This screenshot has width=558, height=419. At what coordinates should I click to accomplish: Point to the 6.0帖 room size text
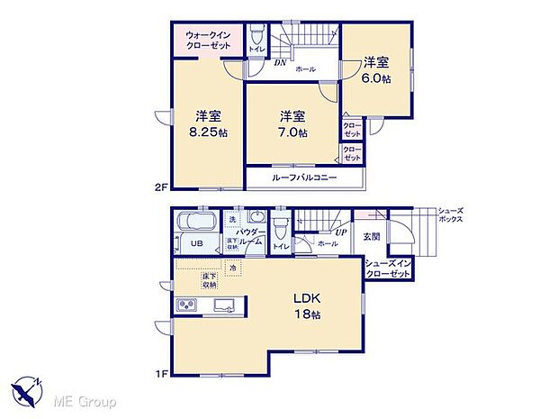pos(376,78)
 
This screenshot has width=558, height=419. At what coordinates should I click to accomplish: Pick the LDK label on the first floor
pos(303,298)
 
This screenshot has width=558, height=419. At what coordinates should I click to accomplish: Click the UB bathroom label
pos(194,243)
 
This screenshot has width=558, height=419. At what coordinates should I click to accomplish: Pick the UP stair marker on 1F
pos(341,232)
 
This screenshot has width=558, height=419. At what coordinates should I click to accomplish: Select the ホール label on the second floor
pos(305,68)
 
